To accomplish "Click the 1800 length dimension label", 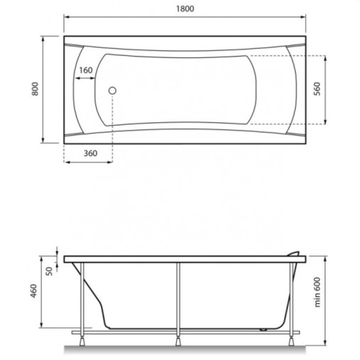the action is click(x=185, y=9).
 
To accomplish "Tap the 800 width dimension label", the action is click(x=35, y=89).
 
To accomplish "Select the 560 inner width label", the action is click(x=317, y=89).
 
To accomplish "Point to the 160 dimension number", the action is click(x=85, y=70).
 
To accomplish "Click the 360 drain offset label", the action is click(x=90, y=153).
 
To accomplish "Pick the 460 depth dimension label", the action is click(x=34, y=291).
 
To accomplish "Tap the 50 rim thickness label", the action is click(x=49, y=271).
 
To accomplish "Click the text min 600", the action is click(x=317, y=292).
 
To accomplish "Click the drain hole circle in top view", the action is click(x=112, y=91).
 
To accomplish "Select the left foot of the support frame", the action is click(x=82, y=341).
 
